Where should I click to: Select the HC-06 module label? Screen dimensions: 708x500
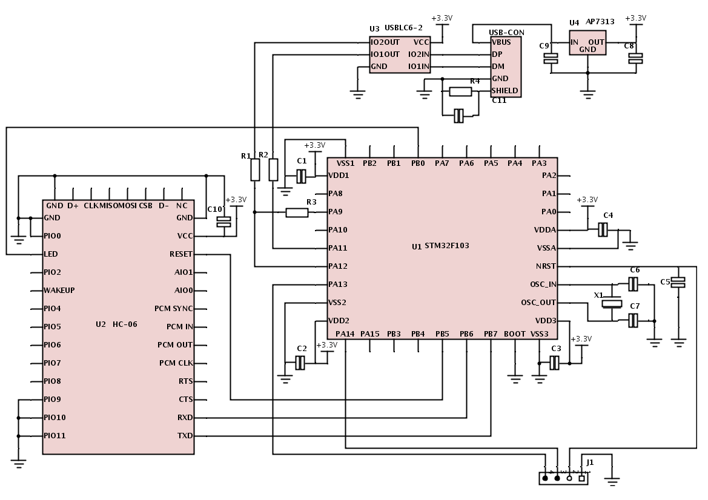click(125, 324)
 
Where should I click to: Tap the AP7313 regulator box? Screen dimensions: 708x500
click(587, 43)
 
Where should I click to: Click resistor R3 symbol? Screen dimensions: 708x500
click(297, 212)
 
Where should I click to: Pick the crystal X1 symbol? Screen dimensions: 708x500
click(613, 303)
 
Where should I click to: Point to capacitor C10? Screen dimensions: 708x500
click(224, 222)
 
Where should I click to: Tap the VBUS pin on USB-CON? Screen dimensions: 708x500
click(501, 42)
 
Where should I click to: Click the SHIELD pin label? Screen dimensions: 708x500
click(505, 91)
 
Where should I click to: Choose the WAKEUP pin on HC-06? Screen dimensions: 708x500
click(59, 291)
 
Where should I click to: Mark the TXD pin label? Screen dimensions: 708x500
click(185, 436)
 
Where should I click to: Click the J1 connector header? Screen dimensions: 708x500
click(563, 478)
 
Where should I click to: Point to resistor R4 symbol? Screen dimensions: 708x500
click(460, 91)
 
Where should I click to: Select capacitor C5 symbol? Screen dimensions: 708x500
click(679, 282)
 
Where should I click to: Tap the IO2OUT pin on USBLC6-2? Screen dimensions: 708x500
click(385, 42)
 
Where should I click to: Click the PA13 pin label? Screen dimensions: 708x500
click(337, 285)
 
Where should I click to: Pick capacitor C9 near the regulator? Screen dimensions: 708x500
click(551, 59)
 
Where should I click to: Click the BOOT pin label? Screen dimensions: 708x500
click(515, 334)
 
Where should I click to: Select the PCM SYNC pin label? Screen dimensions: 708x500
click(173, 309)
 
